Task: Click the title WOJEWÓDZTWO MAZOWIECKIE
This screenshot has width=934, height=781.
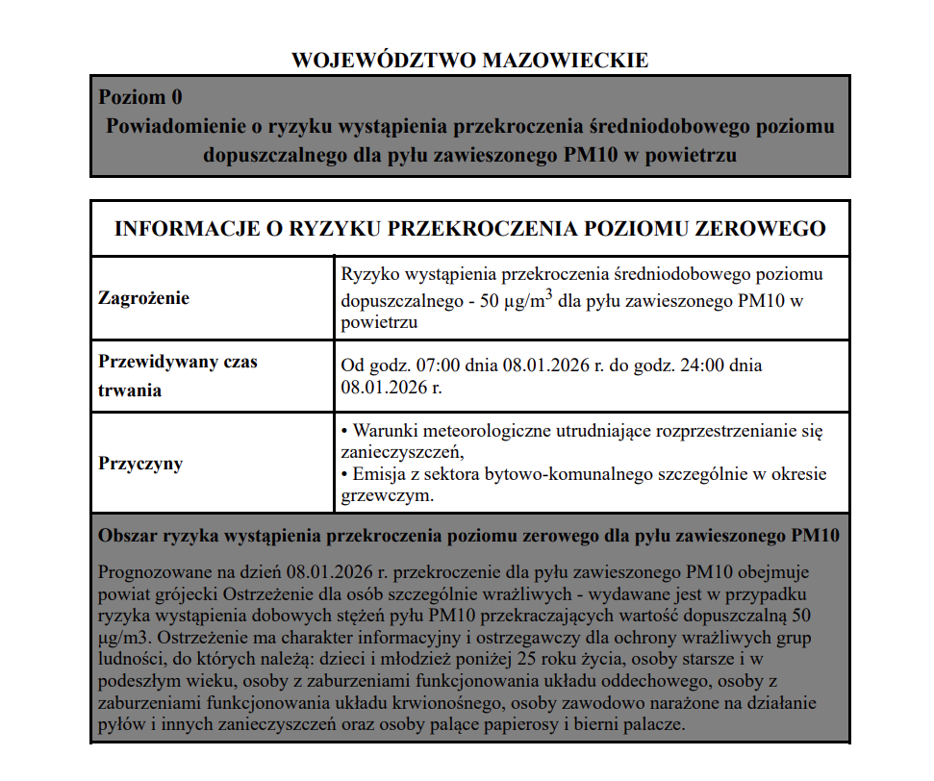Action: pyautogui.click(x=469, y=61)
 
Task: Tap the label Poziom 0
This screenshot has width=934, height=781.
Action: pyautogui.click(x=140, y=97)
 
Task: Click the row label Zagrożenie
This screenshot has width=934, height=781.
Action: pyautogui.click(x=144, y=297)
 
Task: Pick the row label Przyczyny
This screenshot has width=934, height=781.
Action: pyautogui.click(x=140, y=464)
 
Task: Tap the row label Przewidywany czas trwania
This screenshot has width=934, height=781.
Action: pyautogui.click(x=178, y=376)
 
